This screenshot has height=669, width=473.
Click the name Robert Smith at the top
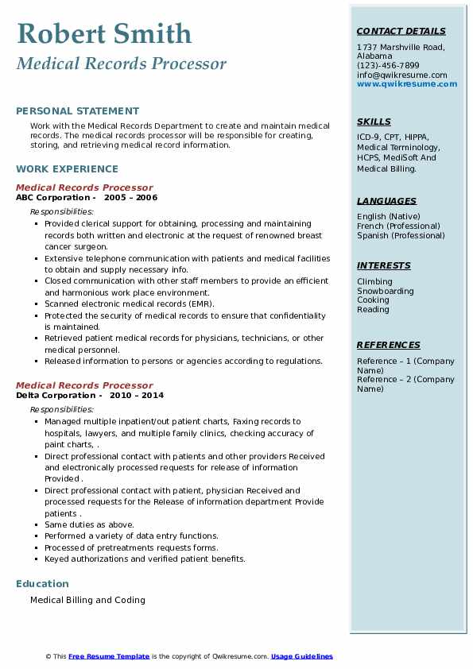coord(104,33)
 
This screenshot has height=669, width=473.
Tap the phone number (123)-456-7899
coord(388,66)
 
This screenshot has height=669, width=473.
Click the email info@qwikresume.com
coord(401,75)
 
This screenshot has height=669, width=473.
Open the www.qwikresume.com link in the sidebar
coord(407,83)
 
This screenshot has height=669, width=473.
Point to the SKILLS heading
coord(374,122)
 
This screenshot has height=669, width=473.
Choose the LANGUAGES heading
coord(386,201)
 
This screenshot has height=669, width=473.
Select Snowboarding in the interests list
coord(385,291)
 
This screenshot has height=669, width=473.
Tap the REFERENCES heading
coord(389,345)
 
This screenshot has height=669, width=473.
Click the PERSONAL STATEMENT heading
coord(77,111)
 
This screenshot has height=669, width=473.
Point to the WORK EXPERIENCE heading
coord(67,168)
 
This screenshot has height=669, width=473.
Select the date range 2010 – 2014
coord(137,396)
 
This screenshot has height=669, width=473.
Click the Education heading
coord(42,584)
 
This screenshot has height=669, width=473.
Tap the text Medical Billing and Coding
coord(87,600)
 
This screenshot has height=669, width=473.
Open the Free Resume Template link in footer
coord(109,656)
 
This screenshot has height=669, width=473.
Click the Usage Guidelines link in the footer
coord(301,656)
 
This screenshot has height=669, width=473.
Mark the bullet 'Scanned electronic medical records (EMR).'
coord(130,304)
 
